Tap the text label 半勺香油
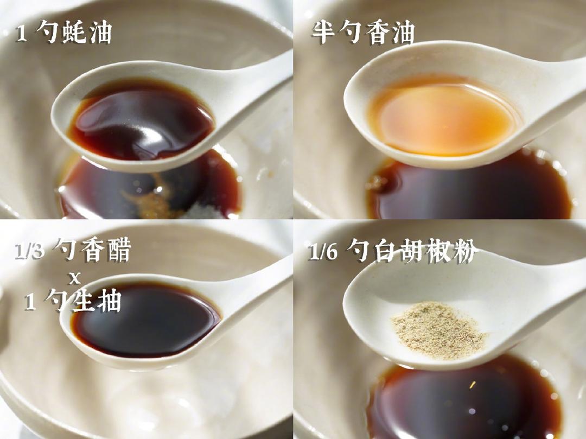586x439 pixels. click(362, 33)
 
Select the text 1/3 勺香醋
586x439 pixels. click(73, 251)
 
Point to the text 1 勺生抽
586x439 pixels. click(72, 301)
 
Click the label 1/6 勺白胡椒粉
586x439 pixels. click(393, 251)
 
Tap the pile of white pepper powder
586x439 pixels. click(439, 329)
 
